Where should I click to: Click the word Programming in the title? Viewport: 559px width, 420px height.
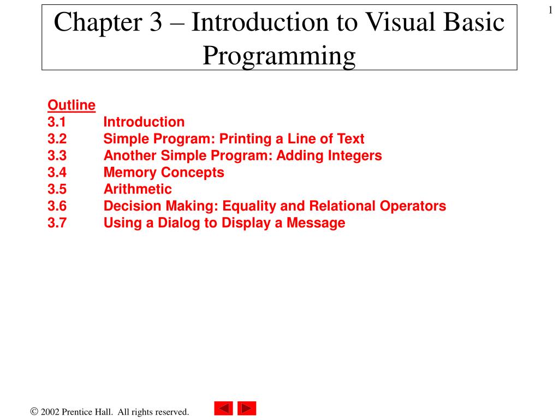coord(279,56)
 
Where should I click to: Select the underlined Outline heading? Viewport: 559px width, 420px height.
coord(72,105)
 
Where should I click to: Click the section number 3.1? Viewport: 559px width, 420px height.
coord(56,122)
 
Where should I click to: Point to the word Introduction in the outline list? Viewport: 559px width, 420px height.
coord(144,122)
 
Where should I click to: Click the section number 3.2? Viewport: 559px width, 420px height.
coord(56,139)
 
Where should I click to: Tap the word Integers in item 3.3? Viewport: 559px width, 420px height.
coord(355,156)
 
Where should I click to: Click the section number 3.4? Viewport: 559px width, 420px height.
coord(56,173)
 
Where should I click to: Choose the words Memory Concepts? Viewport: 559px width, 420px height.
coord(164,173)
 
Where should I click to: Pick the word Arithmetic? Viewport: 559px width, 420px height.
coord(138,190)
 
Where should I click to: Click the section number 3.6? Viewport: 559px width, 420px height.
coord(56,206)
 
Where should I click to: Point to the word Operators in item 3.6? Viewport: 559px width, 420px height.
coord(417,206)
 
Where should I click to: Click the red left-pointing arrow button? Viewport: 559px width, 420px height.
coord(223,409)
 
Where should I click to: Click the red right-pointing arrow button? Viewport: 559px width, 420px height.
coord(247,409)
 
